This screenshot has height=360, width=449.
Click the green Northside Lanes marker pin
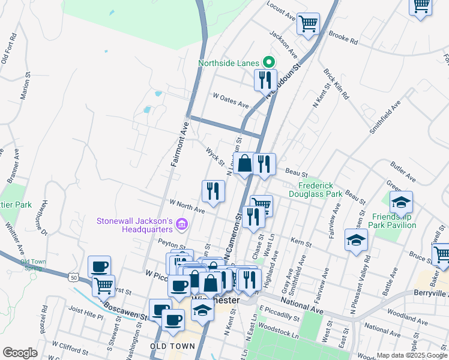269,62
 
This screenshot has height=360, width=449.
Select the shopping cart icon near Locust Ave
308,24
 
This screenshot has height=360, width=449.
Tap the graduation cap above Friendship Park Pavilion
401,202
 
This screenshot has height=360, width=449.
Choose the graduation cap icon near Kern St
356,240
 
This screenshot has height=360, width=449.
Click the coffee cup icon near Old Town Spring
99,266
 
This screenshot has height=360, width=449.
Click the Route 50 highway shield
73,278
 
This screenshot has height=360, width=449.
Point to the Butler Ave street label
403,170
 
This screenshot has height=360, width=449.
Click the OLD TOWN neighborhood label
172,346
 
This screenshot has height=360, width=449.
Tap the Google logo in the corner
20,353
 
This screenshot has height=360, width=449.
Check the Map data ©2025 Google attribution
411,355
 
